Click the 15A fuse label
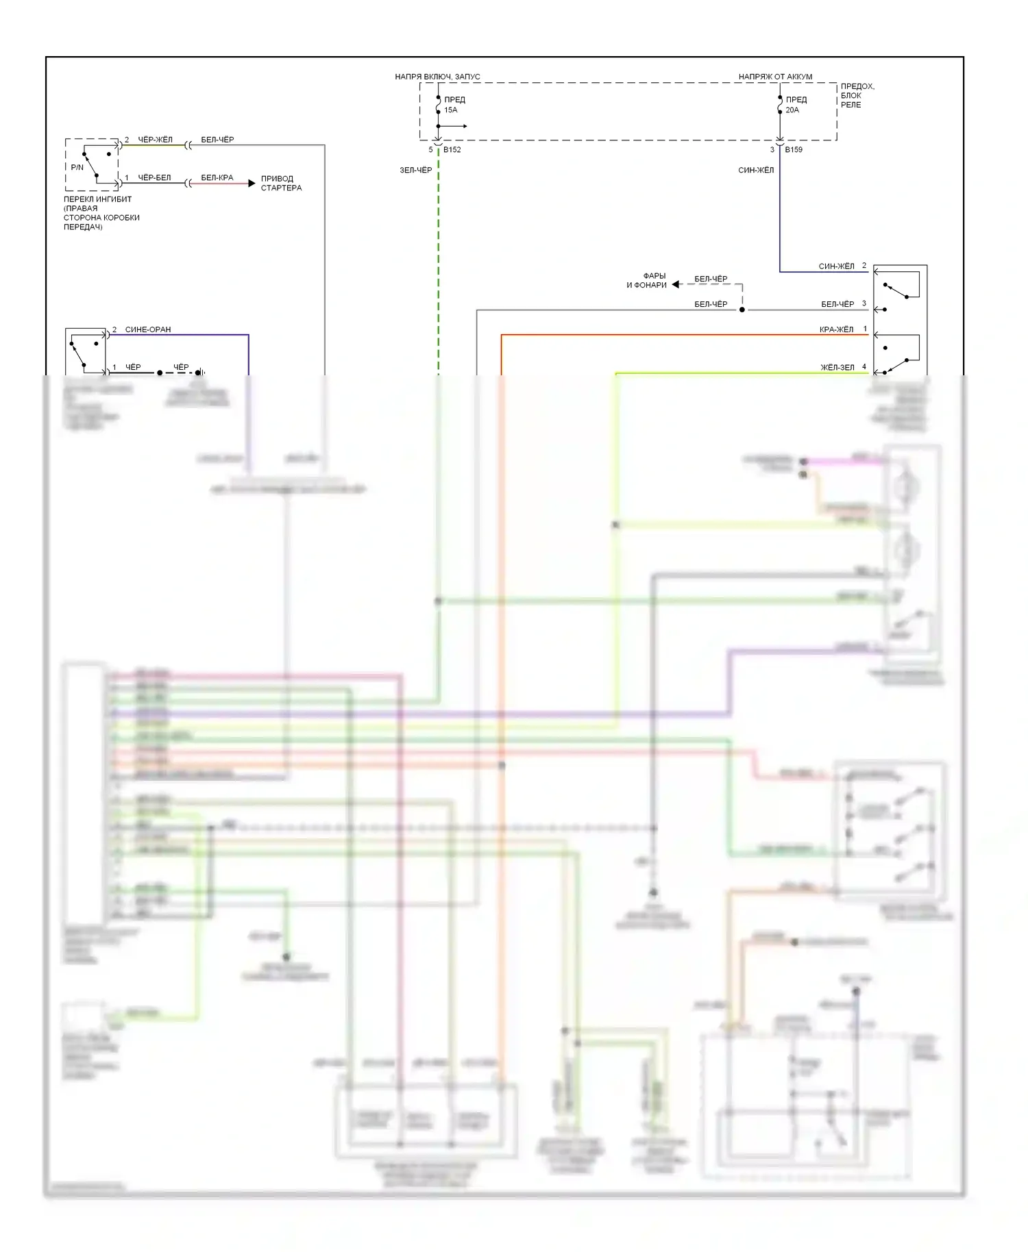pos(451,110)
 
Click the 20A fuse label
pos(792,110)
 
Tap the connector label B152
pos(452,149)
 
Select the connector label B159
pos(794,149)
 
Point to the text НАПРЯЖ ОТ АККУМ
pos(775,77)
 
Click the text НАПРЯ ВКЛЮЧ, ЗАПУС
pos(437,77)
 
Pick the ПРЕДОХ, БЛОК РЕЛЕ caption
pos(857,96)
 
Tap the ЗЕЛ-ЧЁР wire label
pos(416,170)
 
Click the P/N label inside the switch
pos(77,167)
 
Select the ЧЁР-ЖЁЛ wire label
pos(155,140)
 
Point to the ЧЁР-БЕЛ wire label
pos(154,178)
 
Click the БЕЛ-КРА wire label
pos(217,178)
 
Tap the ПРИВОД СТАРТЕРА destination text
pos(281,183)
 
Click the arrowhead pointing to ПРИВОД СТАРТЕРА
pos(252,184)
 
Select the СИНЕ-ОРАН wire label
pos(148,329)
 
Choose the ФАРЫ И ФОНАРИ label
pos(646,281)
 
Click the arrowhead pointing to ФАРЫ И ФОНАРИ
pos(676,284)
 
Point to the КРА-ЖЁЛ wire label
pos(836,329)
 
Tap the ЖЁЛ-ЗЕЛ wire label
pos(837,368)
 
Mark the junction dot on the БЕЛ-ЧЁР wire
pos(742,310)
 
